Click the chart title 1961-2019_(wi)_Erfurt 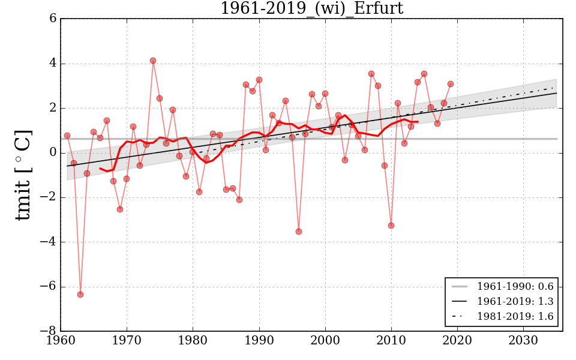tap(311, 8)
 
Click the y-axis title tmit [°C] tap(23, 175)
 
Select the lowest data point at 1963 tap(80, 295)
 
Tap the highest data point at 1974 tap(153, 61)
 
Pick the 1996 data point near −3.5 tap(299, 232)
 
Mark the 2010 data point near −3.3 tap(391, 226)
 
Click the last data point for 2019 tap(451, 84)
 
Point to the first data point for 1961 tap(67, 136)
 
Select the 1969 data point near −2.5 tap(120, 209)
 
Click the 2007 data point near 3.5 tap(371, 74)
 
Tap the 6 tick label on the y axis tap(53, 19)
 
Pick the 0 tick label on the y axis tap(53, 153)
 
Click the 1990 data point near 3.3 tap(259, 80)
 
